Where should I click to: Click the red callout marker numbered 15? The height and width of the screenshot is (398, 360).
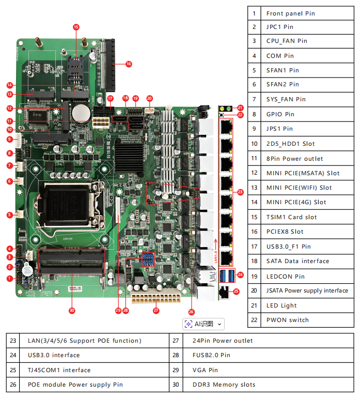(x=76, y=27)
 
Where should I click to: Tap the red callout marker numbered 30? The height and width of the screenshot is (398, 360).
(x=72, y=310)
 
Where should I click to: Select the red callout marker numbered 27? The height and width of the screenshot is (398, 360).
(x=155, y=311)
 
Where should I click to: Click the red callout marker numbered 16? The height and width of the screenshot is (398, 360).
(x=129, y=64)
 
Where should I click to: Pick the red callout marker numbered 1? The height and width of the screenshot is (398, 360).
(x=9, y=278)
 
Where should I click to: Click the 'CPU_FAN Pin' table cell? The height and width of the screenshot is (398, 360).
(x=287, y=41)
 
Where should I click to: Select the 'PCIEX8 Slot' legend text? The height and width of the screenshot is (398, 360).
(x=285, y=232)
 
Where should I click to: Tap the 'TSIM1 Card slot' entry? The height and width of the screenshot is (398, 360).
(x=291, y=217)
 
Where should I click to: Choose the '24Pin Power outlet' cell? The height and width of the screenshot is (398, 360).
(x=223, y=341)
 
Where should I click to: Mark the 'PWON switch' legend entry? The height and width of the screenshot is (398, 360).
(x=287, y=320)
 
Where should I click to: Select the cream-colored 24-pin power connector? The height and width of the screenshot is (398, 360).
(x=154, y=298)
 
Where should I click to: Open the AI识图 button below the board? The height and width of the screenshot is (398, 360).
(x=204, y=324)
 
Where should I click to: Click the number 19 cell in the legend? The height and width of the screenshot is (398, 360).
(x=254, y=277)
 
